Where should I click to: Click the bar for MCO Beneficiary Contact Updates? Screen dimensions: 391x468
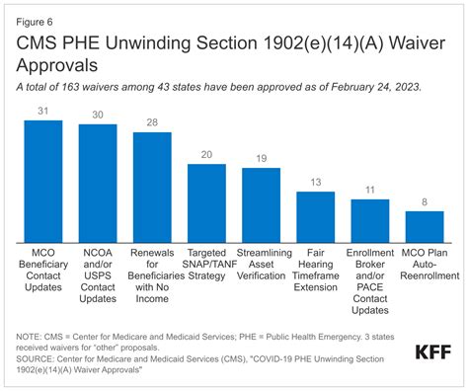point(42,181)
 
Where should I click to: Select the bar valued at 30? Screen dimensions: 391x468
point(98,183)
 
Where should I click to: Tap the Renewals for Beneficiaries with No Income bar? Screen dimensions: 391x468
point(152,187)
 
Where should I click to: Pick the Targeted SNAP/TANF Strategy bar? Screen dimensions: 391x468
point(206,202)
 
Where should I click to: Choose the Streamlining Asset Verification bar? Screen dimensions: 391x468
point(261,204)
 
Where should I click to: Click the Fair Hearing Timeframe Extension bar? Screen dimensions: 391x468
point(316,216)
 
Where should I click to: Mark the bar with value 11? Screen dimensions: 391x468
point(370,220)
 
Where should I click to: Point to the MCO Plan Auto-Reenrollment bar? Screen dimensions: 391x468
point(425,226)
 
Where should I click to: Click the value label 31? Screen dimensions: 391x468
point(42,110)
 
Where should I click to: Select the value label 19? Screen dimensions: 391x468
point(261,158)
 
